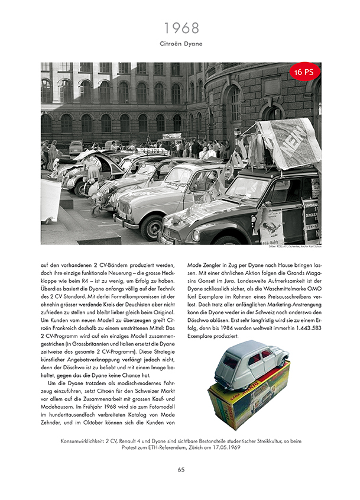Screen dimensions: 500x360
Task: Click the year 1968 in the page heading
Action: [x=180, y=28]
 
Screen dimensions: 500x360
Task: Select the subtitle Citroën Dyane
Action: [x=180, y=44]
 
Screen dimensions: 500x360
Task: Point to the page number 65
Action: [x=181, y=470]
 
